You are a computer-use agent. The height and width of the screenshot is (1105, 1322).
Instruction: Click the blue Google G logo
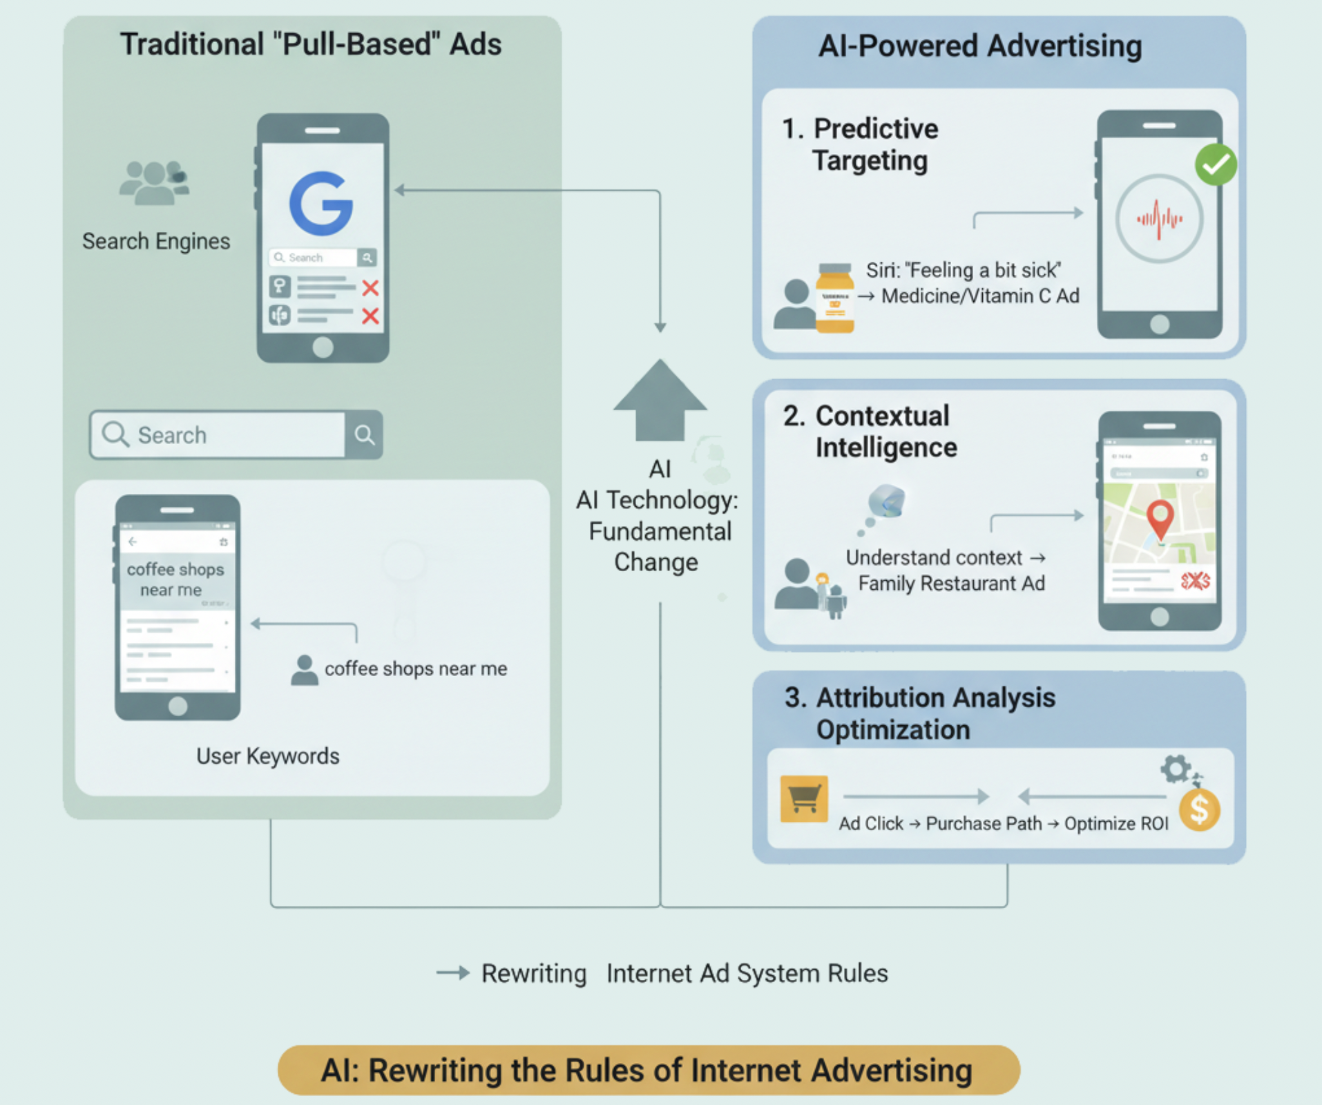(321, 204)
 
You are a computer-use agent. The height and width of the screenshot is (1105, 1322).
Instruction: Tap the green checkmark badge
(1216, 164)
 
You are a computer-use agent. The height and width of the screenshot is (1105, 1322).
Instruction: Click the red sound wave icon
(1160, 219)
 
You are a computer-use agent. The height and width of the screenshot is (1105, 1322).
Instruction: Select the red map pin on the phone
(1160, 518)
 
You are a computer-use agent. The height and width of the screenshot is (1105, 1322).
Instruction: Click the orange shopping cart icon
(803, 799)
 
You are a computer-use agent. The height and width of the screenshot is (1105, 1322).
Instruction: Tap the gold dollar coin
(1200, 809)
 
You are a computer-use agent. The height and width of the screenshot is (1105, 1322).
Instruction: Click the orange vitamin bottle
(834, 298)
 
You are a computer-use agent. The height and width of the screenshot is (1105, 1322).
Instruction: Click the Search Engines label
(156, 241)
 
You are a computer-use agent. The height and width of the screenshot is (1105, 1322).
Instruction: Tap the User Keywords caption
(268, 756)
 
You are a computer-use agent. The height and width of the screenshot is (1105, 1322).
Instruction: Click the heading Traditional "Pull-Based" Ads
(311, 44)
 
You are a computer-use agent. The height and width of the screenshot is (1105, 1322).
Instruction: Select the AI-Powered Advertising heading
(979, 46)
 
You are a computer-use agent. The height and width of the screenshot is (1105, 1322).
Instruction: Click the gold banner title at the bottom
(648, 1070)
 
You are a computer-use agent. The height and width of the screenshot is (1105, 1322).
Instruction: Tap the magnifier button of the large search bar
(364, 435)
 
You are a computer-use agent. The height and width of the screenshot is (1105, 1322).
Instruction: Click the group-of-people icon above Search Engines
(154, 183)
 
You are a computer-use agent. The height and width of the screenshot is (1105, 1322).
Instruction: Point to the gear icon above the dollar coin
(1175, 769)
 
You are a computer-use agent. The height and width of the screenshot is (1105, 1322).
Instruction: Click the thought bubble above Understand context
(887, 501)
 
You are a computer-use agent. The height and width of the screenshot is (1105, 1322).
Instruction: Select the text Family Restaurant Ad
(951, 584)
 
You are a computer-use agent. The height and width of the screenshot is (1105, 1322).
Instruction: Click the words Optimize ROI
(1115, 824)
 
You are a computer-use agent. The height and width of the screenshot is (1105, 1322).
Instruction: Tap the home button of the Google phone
(323, 347)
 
